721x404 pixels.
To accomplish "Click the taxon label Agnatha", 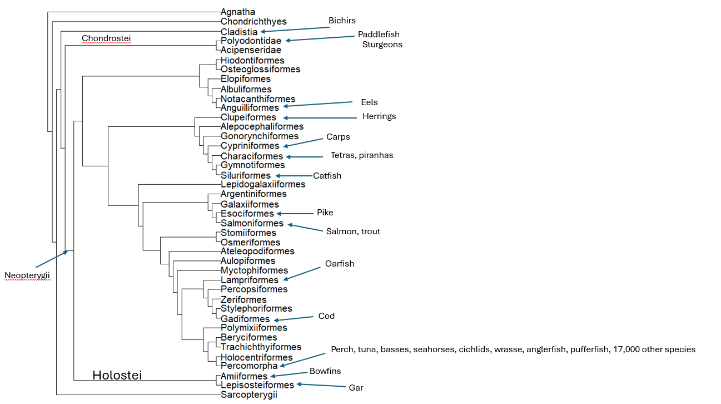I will [x=237, y=12].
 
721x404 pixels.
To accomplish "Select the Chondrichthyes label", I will [x=253, y=22].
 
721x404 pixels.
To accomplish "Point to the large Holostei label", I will [x=117, y=376].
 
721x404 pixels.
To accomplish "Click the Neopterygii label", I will [x=27, y=275].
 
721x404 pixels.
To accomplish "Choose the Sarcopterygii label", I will [x=248, y=395].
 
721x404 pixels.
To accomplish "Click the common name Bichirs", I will [x=342, y=21].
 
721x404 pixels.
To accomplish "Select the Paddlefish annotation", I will [x=379, y=35].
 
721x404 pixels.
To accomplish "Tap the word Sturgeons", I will [x=382, y=45].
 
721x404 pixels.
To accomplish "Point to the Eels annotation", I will [x=369, y=102].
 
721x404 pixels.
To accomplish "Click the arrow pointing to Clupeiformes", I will [x=319, y=117].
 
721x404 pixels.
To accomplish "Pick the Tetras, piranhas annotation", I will [x=362, y=155].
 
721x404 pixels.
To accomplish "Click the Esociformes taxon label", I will [x=247, y=214].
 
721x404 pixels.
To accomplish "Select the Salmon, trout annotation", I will [x=353, y=231].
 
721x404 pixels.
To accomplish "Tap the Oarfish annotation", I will [x=340, y=264].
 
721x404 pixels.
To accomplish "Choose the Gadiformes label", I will [x=245, y=319].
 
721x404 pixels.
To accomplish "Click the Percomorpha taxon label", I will [x=249, y=366].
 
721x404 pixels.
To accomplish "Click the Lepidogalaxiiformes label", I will [x=263, y=184].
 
